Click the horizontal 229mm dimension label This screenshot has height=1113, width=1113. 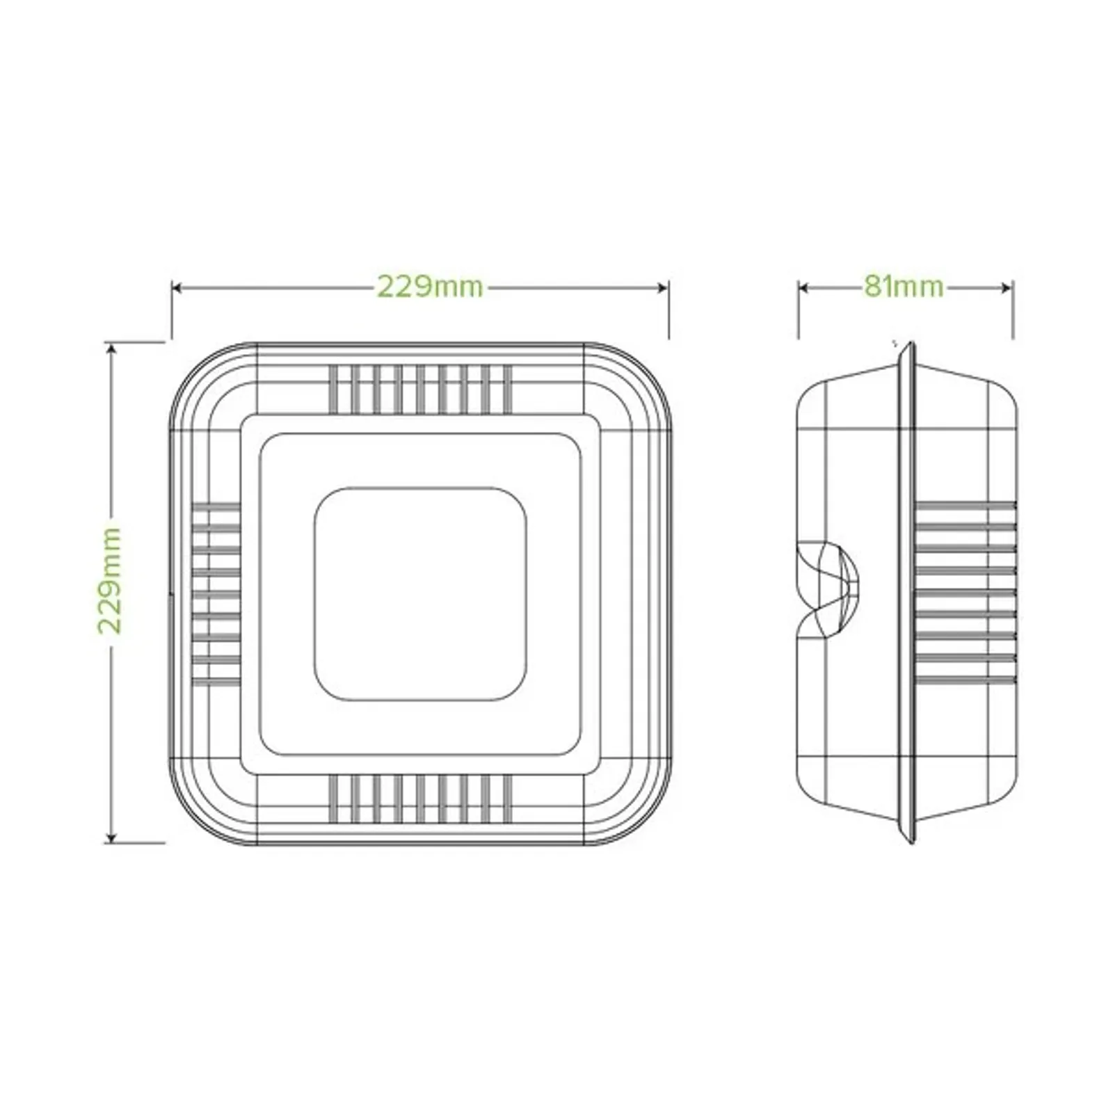(430, 287)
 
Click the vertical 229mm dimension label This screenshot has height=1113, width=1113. (110, 581)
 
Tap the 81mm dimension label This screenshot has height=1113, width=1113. (904, 286)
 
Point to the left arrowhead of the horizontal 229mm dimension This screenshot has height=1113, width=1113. (177, 287)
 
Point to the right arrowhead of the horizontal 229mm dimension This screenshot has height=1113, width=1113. (664, 287)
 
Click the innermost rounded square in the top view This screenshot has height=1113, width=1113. (420, 593)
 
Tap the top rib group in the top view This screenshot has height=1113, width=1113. (420, 389)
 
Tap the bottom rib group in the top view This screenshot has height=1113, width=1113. (420, 798)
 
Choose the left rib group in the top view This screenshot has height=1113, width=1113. (216, 593)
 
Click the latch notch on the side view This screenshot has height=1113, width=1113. (828, 588)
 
